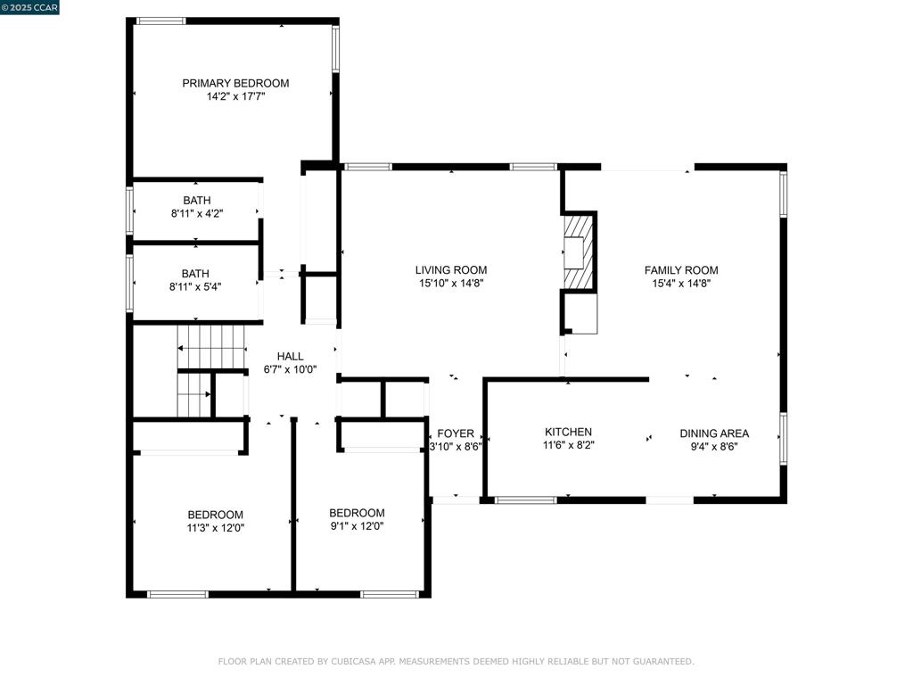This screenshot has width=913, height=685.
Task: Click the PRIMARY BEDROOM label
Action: point(235,83)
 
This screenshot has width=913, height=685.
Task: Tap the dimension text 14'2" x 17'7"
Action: point(235,96)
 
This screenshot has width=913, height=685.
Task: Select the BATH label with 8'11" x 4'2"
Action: point(196,200)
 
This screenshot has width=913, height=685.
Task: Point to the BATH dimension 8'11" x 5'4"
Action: point(196,287)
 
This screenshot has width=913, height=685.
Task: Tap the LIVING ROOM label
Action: point(451,270)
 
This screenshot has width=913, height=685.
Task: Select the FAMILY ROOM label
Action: point(681,270)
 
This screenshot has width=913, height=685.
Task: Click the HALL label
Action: point(290,356)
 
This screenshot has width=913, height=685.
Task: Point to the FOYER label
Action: point(456,433)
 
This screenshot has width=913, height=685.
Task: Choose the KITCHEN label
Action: point(568,432)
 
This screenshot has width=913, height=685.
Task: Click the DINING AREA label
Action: point(714,433)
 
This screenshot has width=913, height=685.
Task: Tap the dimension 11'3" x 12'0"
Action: point(215,528)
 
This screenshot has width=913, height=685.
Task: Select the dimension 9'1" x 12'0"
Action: point(357,526)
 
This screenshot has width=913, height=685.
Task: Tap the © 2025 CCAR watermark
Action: point(29,7)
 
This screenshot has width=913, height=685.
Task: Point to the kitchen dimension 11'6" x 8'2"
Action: point(568,445)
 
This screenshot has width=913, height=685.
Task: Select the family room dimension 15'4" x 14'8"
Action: point(681,284)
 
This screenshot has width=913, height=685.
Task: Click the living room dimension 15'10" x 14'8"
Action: point(451,284)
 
